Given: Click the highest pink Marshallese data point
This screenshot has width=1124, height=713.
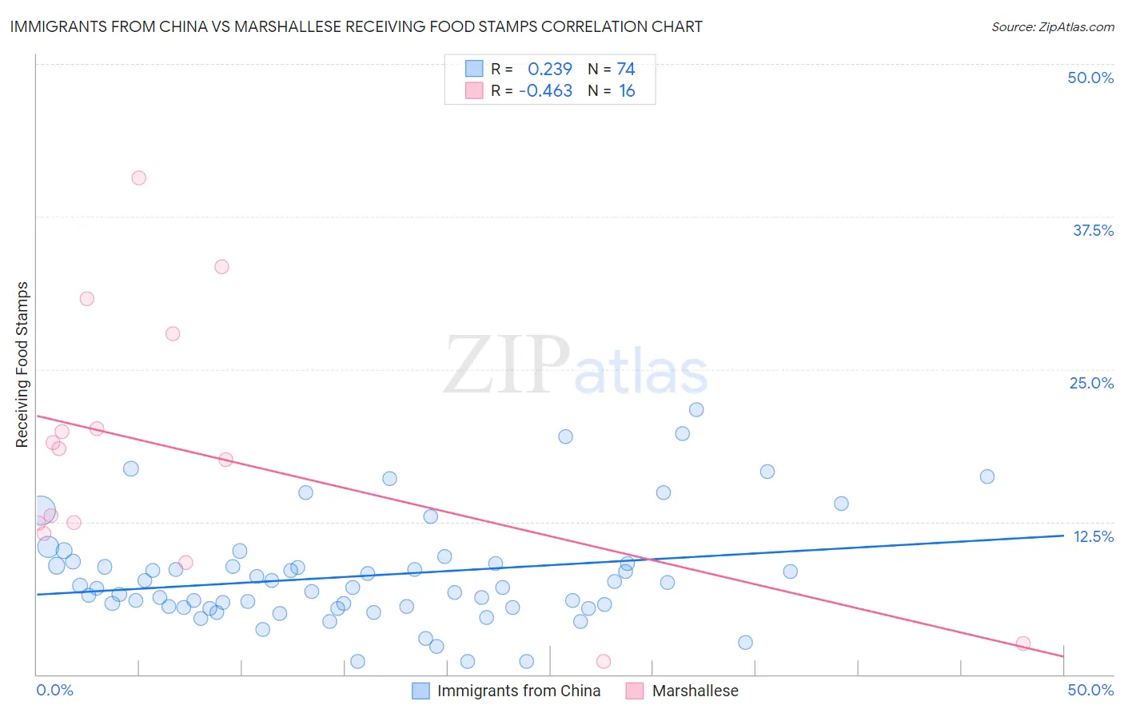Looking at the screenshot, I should (x=139, y=178).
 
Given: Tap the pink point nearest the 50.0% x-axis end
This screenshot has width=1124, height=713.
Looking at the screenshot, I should (x=1022, y=643).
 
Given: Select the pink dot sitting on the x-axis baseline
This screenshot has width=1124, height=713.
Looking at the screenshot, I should (x=604, y=661).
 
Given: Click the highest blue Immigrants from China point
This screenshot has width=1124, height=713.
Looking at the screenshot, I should (x=696, y=410).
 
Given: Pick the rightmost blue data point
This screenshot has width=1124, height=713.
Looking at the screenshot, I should (x=987, y=476).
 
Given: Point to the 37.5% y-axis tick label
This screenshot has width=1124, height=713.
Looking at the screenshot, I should (x=1093, y=230).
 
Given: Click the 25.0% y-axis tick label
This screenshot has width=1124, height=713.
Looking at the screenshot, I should (x=1091, y=383).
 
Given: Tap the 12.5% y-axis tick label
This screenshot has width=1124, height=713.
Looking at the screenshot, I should (x=1093, y=536).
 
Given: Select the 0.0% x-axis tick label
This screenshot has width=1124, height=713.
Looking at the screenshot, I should (x=54, y=690).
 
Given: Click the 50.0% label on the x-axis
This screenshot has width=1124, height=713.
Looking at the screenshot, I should (x=1090, y=690).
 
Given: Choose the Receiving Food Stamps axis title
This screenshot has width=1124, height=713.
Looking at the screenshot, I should (x=22, y=364).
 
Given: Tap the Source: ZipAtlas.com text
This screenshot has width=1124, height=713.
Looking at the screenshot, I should (x=1052, y=27).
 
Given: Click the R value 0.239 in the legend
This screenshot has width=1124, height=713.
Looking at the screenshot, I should (x=550, y=70).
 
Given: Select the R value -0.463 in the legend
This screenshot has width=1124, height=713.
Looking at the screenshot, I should (x=545, y=91).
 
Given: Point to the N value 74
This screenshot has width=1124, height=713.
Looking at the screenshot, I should (x=626, y=70).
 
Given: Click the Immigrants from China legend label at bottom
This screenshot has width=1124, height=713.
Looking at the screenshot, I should (x=519, y=691).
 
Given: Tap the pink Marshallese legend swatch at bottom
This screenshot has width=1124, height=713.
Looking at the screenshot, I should (x=635, y=691).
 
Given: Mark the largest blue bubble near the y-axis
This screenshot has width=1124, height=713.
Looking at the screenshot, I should (x=42, y=509).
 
